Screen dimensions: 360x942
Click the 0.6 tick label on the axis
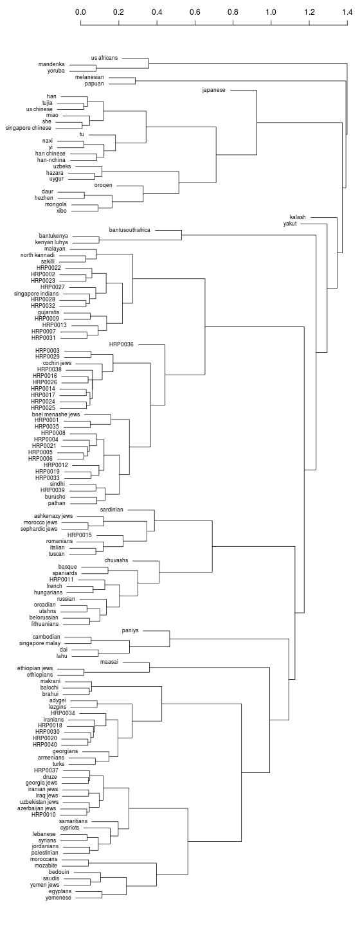[x=195, y=12]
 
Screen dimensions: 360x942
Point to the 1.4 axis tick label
[x=347, y=12]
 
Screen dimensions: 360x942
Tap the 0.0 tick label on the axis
[x=81, y=12]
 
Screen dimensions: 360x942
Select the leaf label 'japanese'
[x=213, y=90]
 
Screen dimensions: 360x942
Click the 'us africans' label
[x=105, y=58]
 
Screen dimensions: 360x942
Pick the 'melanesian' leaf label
[x=89, y=77]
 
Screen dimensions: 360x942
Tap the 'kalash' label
[x=298, y=217]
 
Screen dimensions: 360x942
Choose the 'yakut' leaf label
[x=290, y=224]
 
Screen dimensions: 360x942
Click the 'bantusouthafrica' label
[x=129, y=230]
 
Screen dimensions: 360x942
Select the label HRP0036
[x=121, y=344]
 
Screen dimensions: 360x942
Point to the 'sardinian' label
[x=112, y=510]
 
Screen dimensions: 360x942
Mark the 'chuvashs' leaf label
[x=116, y=560]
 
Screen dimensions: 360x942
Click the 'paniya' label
[x=130, y=630]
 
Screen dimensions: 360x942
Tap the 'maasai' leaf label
[x=109, y=662]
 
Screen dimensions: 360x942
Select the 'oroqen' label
[x=103, y=186]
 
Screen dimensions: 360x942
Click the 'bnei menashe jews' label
[x=56, y=414]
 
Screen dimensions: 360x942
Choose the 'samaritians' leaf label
[x=73, y=821]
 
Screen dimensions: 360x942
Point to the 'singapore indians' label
[x=36, y=294]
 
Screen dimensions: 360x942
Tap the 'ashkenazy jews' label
[x=53, y=516]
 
